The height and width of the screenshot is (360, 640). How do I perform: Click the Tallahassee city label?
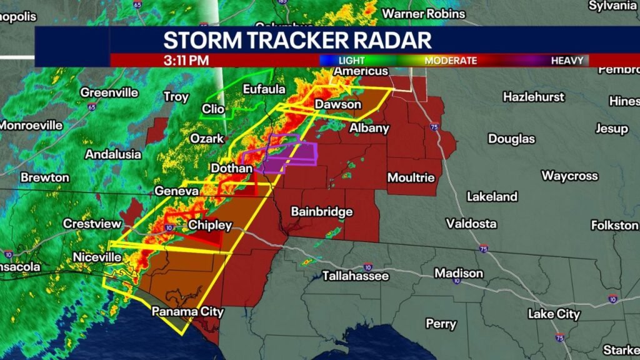(355, 276)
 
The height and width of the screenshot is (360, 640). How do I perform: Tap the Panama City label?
(187, 311)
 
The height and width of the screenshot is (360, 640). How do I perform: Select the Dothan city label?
(231, 168)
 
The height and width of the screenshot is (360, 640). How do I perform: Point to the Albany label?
(369, 128)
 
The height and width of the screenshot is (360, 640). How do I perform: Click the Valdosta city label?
(471, 223)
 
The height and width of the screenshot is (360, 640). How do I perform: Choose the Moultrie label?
(411, 177)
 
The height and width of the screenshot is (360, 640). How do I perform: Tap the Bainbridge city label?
(321, 212)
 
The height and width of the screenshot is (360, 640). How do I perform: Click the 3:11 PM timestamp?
(186, 61)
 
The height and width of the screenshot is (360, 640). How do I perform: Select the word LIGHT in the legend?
(352, 61)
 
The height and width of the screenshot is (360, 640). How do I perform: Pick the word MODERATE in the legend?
(451, 61)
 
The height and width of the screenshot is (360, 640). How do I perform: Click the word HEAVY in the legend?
(567, 61)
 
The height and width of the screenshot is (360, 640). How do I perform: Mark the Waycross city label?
(569, 176)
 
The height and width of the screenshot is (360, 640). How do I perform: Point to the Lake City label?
(554, 314)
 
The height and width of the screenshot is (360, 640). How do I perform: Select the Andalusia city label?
(113, 154)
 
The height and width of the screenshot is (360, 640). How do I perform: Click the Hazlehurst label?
(533, 97)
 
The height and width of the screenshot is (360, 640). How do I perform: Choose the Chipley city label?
(210, 225)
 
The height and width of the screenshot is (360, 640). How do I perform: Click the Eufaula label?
(264, 89)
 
